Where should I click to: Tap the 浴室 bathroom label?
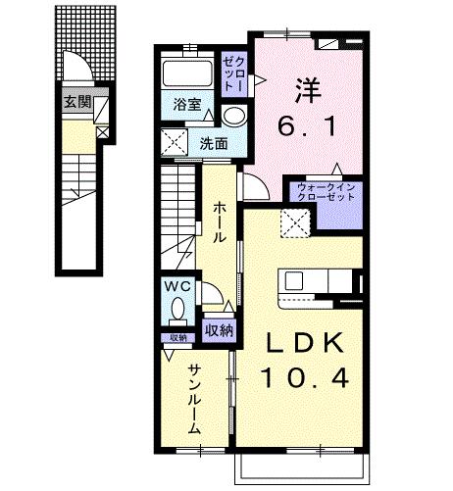187,103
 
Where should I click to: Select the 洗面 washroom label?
214,143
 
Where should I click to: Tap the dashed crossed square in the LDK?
293,222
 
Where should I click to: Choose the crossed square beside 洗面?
177,144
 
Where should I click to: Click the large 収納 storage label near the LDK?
220,329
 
